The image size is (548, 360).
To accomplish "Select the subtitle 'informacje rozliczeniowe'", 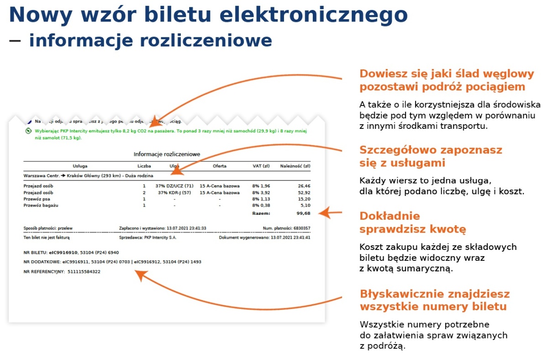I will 150,40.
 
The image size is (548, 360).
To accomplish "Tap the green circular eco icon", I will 28,131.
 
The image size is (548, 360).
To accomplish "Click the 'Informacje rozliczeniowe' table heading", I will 167,154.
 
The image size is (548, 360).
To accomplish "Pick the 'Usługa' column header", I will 80,166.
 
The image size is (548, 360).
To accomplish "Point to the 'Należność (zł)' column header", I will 295,166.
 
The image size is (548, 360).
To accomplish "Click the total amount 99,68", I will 303,213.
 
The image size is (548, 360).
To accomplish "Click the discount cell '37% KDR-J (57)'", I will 174,193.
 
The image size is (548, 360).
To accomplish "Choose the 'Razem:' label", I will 261,213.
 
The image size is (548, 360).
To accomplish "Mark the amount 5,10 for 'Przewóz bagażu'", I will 305,206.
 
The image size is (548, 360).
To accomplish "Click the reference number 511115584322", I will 84,272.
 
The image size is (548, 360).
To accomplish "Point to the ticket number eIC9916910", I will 65,252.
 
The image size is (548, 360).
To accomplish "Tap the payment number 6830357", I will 301,228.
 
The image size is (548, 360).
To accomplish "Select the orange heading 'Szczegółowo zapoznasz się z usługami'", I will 431,156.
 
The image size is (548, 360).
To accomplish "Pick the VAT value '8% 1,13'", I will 261,199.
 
